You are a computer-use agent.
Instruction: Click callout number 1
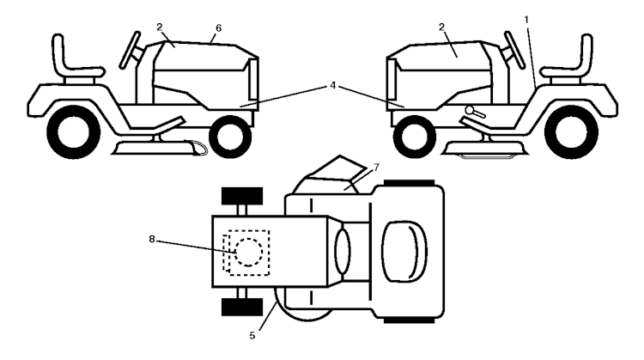tap(526, 20)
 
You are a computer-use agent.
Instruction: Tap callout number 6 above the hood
tap(218, 28)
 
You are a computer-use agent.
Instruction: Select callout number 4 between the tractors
tap(332, 85)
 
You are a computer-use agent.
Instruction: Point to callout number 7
tap(376, 168)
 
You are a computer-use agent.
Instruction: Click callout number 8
tap(151, 239)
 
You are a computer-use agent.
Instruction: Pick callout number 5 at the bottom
tap(252, 335)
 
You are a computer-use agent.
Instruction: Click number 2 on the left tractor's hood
tap(160, 27)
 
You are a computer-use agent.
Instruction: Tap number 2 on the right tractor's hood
tap(441, 27)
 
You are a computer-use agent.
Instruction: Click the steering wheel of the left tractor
tap(131, 50)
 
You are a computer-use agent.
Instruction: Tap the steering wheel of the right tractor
tap(514, 50)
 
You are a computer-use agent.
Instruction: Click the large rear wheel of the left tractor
tap(74, 132)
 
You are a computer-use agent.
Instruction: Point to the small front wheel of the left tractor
tap(230, 137)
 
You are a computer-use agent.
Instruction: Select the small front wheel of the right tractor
tap(415, 137)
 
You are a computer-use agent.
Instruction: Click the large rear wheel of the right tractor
tap(571, 132)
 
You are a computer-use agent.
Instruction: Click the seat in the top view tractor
tap(404, 252)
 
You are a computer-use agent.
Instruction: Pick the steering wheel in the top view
tap(343, 252)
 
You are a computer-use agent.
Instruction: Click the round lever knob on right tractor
tap(470, 110)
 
